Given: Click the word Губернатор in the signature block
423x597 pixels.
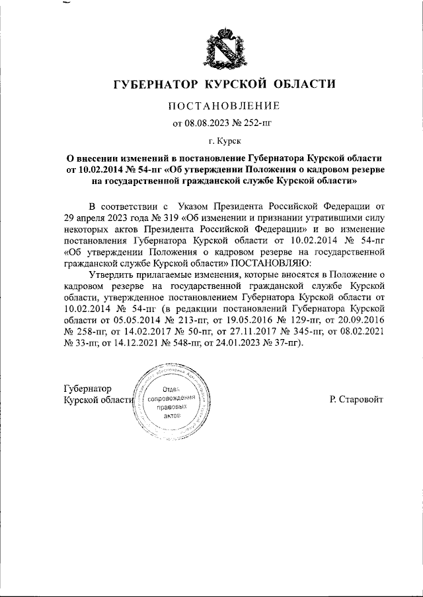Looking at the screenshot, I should click(87, 389).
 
